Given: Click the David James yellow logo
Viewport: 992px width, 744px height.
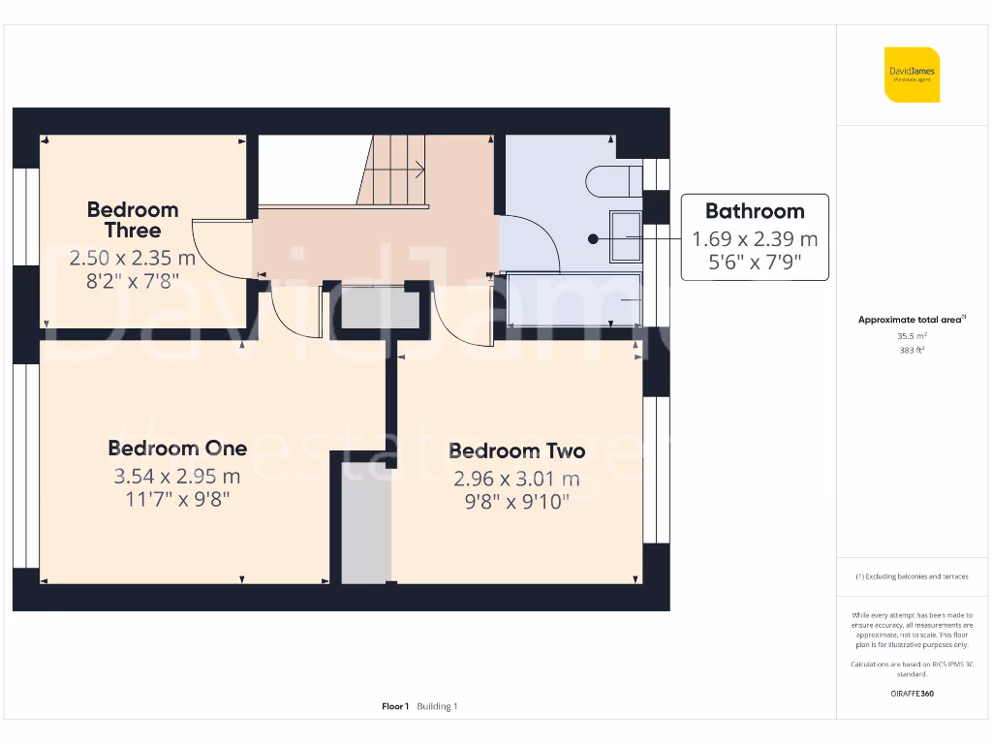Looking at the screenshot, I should click(912, 75).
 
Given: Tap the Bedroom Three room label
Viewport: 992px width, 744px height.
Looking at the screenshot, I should click(133, 220).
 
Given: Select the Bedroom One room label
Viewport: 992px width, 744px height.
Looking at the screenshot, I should click(177, 448).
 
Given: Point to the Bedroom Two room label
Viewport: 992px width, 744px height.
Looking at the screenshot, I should click(516, 450).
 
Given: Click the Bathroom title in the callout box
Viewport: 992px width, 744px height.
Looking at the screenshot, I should click(754, 211).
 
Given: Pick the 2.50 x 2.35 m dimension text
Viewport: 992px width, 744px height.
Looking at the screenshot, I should click(133, 259).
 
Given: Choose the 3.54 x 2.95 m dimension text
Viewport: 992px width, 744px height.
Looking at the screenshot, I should click(177, 476).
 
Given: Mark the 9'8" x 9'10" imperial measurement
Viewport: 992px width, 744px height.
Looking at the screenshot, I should click(516, 501).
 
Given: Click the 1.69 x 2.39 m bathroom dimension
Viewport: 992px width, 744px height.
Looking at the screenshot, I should click(754, 238).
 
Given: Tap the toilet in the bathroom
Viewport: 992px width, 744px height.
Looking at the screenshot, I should click(613, 180).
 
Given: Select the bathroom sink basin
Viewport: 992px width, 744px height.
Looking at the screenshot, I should click(625, 236).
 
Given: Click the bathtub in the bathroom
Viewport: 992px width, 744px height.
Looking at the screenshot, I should click(573, 299).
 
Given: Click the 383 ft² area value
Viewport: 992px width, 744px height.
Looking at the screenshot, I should click(912, 351).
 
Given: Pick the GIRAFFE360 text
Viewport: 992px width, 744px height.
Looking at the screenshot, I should click(912, 694).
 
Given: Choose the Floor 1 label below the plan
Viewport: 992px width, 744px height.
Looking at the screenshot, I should click(395, 706).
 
